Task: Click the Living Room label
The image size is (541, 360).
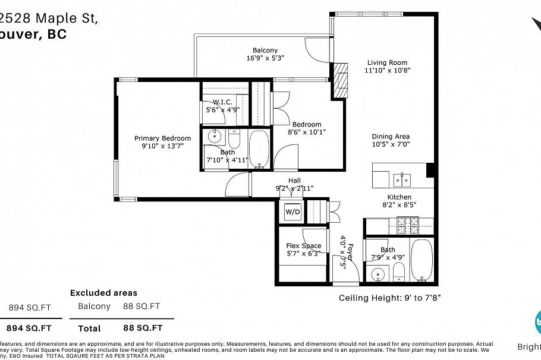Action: point(387,62)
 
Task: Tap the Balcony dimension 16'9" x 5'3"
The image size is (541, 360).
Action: point(265,58)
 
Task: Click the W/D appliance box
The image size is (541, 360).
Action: point(292,211)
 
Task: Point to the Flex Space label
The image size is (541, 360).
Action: point(303,245)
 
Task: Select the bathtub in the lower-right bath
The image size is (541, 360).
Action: point(423,260)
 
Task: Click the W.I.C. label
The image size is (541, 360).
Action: point(222,102)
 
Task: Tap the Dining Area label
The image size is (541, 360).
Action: point(391,136)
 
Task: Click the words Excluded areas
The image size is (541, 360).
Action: point(103,293)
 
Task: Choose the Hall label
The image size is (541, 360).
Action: point(294,181)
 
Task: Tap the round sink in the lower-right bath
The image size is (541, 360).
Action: point(378,274)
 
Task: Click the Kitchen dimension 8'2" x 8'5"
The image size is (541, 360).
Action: point(399,205)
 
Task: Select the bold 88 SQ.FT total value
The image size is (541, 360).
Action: point(143,328)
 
